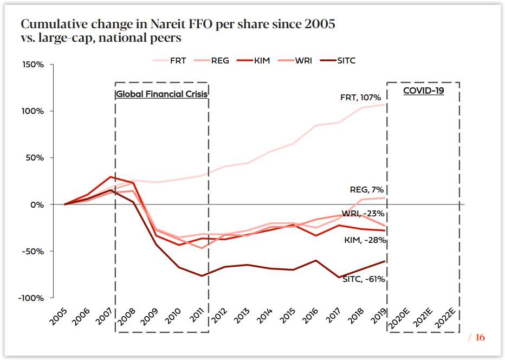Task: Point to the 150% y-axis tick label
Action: (x=34, y=65)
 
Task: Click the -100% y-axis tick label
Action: (x=31, y=298)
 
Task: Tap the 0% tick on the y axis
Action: (x=37, y=205)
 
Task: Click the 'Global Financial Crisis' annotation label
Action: (x=162, y=94)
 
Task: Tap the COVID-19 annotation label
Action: (x=423, y=91)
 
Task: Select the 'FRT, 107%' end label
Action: (x=360, y=98)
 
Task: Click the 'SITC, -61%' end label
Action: (x=364, y=279)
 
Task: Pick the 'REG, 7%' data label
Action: (x=367, y=190)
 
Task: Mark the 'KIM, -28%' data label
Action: (x=365, y=240)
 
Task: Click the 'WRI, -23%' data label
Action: (x=363, y=213)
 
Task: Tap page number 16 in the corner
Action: (x=480, y=337)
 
